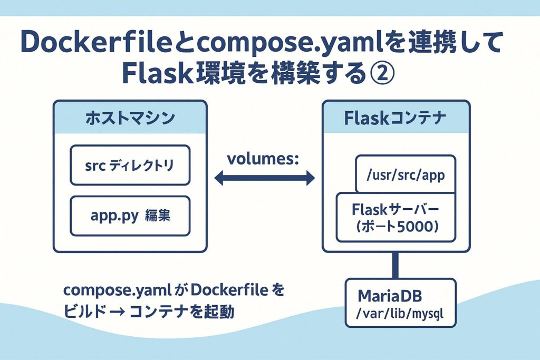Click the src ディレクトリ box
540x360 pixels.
(x=130, y=166)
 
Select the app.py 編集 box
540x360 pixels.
(x=130, y=216)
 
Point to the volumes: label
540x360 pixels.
(x=263, y=159)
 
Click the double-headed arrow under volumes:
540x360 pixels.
(x=264, y=179)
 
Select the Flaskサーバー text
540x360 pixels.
(x=395, y=209)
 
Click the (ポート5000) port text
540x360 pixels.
(x=395, y=227)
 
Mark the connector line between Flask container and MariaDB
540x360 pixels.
(x=395, y=266)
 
